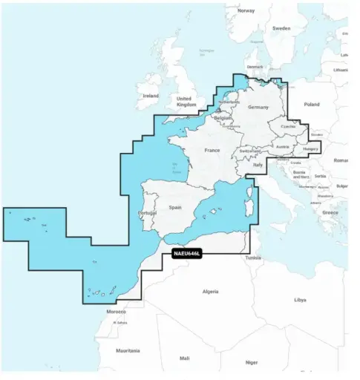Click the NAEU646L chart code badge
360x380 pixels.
coord(186,255)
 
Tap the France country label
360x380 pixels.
coord(212,151)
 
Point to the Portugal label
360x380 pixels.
coord(147,213)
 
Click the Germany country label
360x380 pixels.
coord(258,108)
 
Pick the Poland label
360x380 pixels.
coord(312,105)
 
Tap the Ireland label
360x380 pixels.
coord(151,96)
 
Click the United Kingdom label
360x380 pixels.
coord(184,102)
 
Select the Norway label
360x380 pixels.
coord(246,11)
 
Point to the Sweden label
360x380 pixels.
coord(281,28)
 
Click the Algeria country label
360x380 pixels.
coord(212,292)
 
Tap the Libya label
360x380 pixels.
coord(300,301)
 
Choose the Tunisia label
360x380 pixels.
coord(253,258)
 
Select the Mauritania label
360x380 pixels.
coord(128,350)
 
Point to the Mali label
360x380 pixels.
coord(185,358)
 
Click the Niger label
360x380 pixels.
coord(252,362)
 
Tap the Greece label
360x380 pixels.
coord(330,212)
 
